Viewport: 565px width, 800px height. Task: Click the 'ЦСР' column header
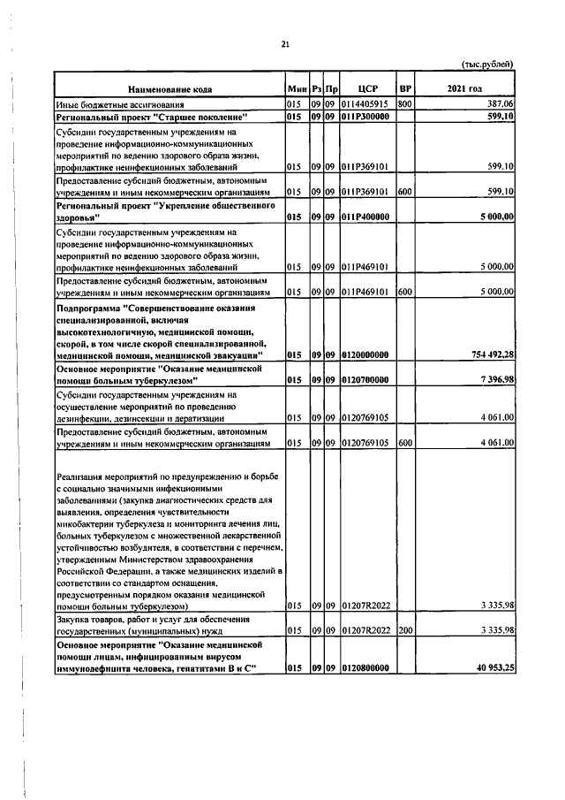[x=368, y=89]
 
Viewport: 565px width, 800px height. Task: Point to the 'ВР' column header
[x=406, y=89]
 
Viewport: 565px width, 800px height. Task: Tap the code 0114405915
[x=366, y=104]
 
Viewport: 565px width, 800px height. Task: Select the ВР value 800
[x=405, y=104]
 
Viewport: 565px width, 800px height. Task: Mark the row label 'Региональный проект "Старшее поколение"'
[x=151, y=117]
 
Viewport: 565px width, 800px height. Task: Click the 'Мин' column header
[x=296, y=89]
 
